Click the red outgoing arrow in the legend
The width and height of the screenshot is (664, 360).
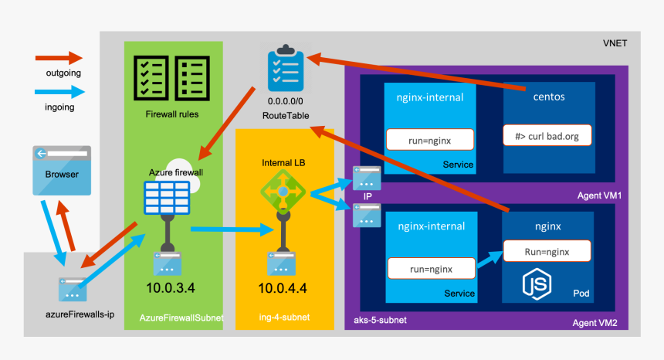click(x=59, y=58)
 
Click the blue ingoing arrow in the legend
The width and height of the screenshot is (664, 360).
click(x=59, y=92)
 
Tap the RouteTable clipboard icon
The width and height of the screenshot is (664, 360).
click(x=283, y=72)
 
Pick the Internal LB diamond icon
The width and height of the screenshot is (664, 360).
click(x=283, y=191)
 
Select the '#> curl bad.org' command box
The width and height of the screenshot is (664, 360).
click(x=547, y=137)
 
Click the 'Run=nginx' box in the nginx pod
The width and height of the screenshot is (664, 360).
click(x=547, y=252)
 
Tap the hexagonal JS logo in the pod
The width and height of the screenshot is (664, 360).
click(x=539, y=285)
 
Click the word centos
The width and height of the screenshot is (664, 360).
click(x=549, y=98)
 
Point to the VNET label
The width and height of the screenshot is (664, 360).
click(x=615, y=44)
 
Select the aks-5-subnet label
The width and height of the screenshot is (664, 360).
click(x=380, y=319)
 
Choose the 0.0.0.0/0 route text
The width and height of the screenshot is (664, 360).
click(x=286, y=101)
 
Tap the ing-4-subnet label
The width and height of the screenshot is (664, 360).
click(x=284, y=318)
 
